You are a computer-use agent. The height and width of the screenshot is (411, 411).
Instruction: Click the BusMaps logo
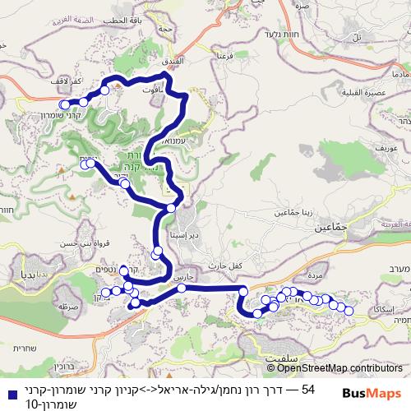(371, 370)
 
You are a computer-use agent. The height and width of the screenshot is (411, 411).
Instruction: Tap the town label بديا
(18, 271)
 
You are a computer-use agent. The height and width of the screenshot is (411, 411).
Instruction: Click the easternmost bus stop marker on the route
(349, 311)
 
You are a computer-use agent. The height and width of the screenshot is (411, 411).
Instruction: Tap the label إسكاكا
(386, 307)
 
